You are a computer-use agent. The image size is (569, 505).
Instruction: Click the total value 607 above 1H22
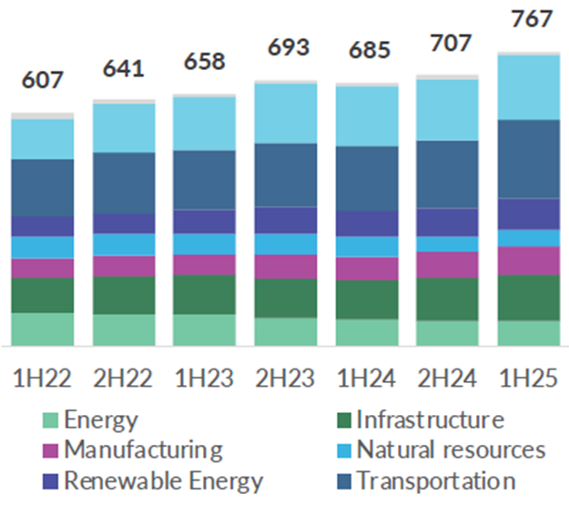tap(43, 79)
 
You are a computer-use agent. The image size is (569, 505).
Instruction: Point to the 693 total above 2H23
tap(286, 48)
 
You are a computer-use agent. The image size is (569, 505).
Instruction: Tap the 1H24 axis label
tap(366, 376)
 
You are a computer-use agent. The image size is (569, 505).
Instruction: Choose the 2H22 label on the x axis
tap(123, 376)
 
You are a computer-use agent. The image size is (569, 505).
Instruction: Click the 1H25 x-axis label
tap(529, 376)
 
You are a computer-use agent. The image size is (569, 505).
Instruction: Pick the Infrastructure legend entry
tap(429, 419)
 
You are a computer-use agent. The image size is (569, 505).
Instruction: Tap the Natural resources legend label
tap(451, 449)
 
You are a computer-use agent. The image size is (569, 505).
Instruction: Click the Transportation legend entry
tap(436, 480)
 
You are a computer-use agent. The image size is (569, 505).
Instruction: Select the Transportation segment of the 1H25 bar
tap(529, 158)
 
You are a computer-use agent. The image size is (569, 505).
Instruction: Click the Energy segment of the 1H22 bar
tap(43, 328)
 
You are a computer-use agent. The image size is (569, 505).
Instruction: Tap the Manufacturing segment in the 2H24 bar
tap(448, 264)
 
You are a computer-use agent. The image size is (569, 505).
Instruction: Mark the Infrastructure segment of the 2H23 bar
tap(286, 298)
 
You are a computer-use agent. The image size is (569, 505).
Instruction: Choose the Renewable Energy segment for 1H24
tap(367, 223)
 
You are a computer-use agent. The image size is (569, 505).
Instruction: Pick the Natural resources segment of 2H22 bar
tap(124, 244)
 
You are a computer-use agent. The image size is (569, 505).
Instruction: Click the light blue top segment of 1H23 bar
tap(205, 123)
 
